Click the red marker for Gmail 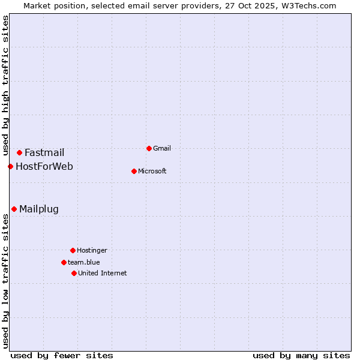tap(149, 148)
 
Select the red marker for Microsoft tap(134, 171)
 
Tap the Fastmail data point tap(19, 152)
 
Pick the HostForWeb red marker tap(10, 166)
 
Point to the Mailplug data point tap(14, 209)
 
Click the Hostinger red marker tap(73, 250)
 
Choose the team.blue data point tap(64, 262)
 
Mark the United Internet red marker tap(74, 273)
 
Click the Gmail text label tap(162, 148)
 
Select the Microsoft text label tap(152, 171)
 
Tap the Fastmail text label tap(44, 152)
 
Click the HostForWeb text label tap(44, 166)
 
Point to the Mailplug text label tap(39, 209)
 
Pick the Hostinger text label tap(92, 250)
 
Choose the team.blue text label tap(84, 262)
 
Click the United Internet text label tap(103, 273)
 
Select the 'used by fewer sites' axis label tap(62, 355)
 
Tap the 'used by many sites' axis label tap(301, 355)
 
